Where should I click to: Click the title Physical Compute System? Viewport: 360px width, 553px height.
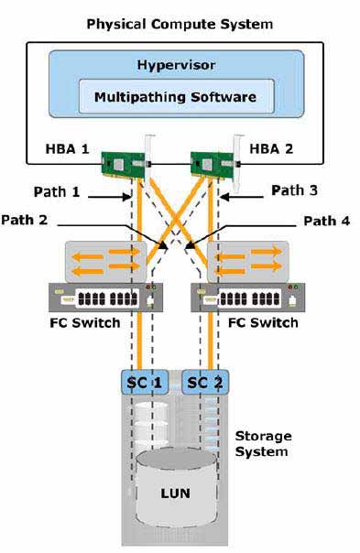pos(180,25)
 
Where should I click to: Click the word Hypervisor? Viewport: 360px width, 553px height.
pos(176,65)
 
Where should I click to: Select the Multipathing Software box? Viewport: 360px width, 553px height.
pos(176,96)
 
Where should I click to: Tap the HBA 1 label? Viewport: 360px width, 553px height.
pos(67,149)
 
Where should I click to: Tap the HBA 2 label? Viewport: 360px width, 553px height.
pos(271,149)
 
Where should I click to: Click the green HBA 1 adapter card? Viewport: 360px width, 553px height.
pos(124,165)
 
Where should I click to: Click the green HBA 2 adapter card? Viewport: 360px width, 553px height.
pos(213,165)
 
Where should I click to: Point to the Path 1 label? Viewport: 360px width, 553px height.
pos(57,192)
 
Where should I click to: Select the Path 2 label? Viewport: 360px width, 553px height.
pos(25,220)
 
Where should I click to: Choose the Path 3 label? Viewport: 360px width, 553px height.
pos(294,190)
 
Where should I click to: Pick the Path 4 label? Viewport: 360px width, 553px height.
pos(326,222)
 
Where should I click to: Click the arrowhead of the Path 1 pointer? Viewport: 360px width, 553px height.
pos(127,197)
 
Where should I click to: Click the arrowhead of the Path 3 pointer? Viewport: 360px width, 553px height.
pos(224,197)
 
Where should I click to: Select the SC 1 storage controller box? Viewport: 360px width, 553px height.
pos(145,382)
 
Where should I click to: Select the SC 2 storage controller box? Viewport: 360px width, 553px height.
pos(205,382)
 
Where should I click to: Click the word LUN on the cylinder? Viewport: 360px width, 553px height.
pos(175,493)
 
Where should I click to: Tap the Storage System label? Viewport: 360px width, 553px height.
pos(263,444)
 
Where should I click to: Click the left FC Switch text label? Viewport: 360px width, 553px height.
pos(84,323)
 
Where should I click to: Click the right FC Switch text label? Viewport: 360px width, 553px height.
pos(263,322)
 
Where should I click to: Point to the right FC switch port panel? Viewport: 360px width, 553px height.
pos(247,298)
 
